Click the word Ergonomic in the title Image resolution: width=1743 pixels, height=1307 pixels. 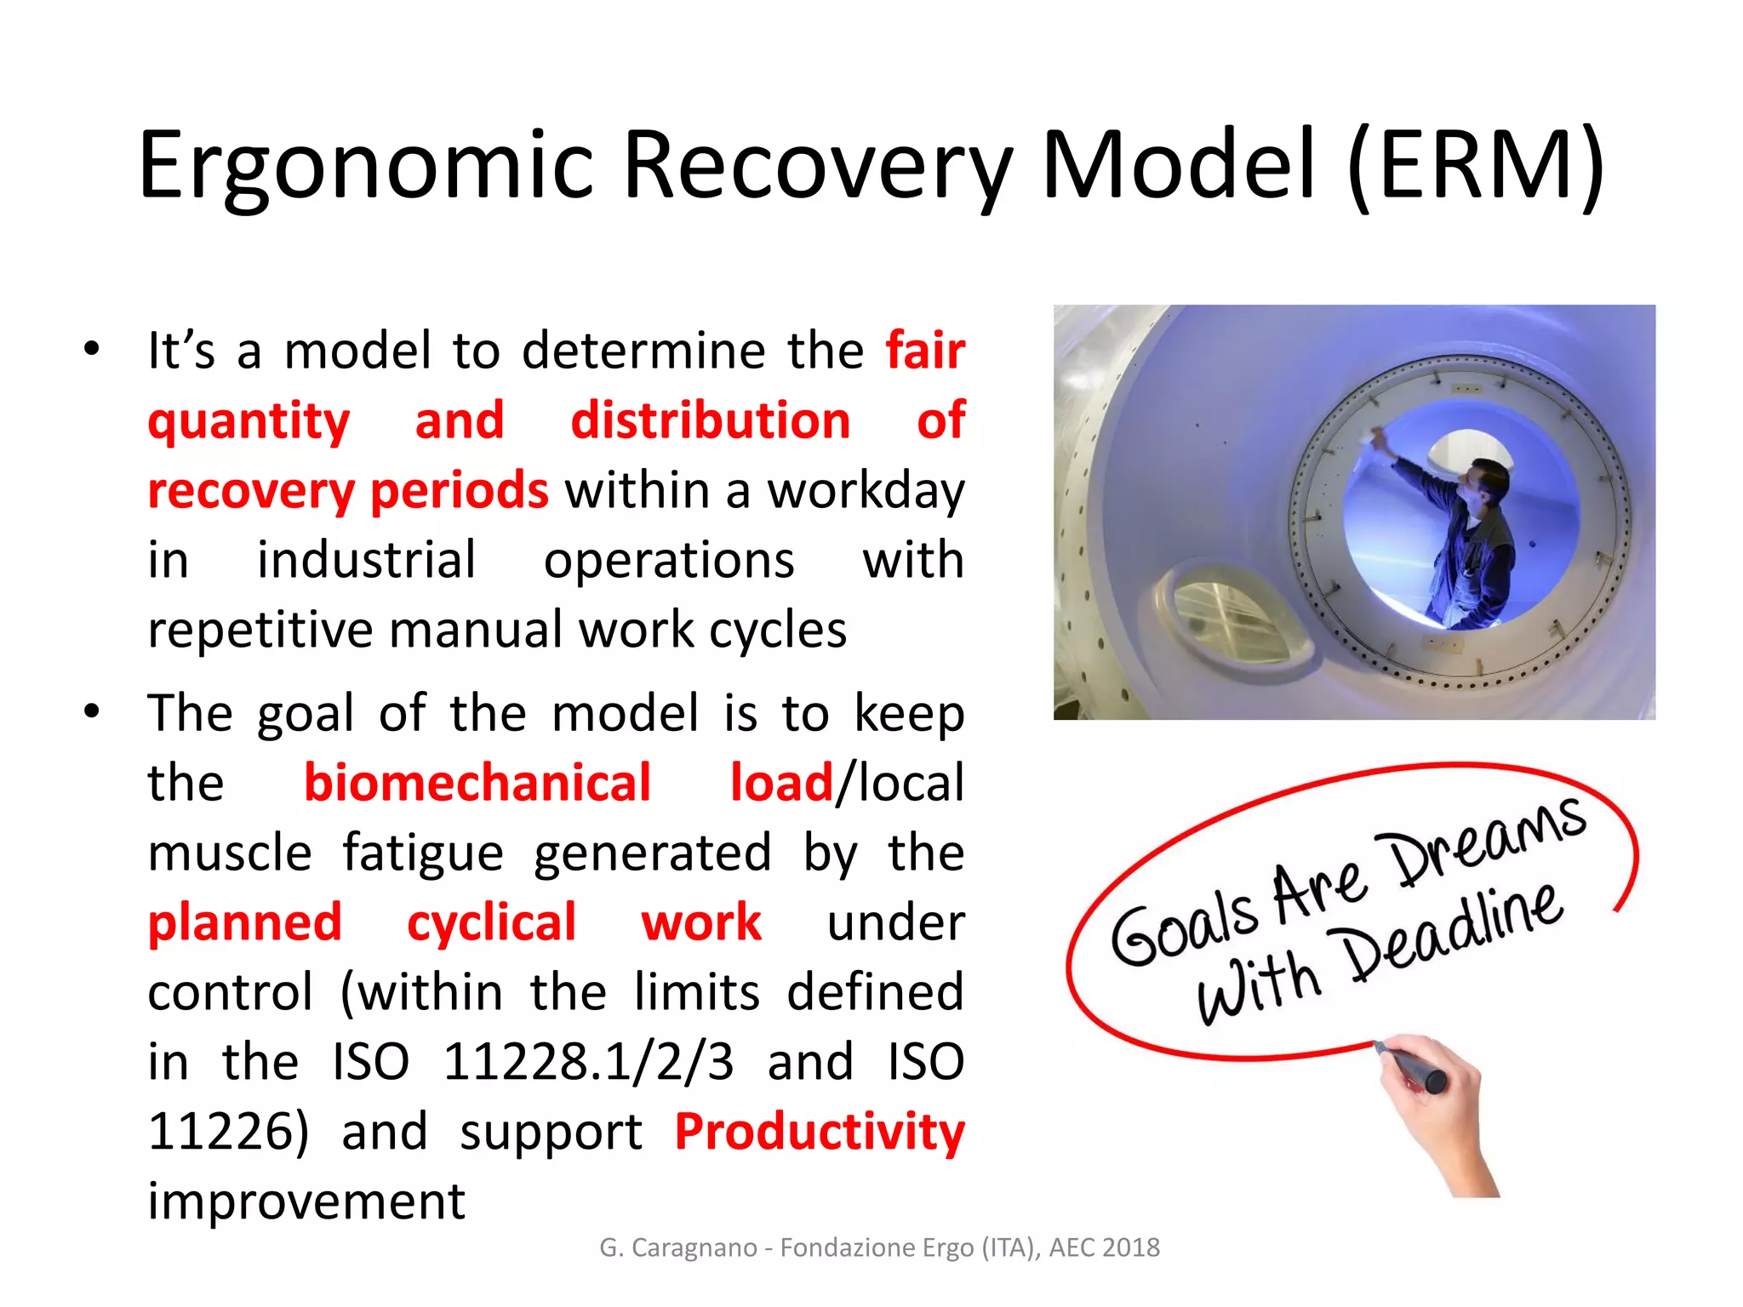click(366, 166)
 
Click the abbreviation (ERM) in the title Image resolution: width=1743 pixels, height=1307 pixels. click(1477, 166)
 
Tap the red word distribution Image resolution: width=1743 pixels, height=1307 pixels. click(710, 420)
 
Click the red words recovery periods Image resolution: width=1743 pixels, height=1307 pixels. click(348, 491)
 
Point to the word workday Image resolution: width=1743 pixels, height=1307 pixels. click(866, 491)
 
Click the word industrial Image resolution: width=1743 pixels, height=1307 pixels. click(367, 561)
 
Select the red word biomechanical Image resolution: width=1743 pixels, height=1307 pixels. click(477, 783)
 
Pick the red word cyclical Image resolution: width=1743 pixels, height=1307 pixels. click(491, 922)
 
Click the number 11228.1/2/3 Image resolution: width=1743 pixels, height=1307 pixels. click(588, 1062)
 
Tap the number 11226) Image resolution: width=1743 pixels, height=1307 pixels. click(228, 1132)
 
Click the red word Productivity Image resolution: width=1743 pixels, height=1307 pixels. click(820, 1132)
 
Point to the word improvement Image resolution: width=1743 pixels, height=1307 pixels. click(306, 1201)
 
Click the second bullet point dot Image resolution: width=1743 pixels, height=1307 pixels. click(92, 711)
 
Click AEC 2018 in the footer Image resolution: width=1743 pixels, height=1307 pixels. click(1104, 1247)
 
